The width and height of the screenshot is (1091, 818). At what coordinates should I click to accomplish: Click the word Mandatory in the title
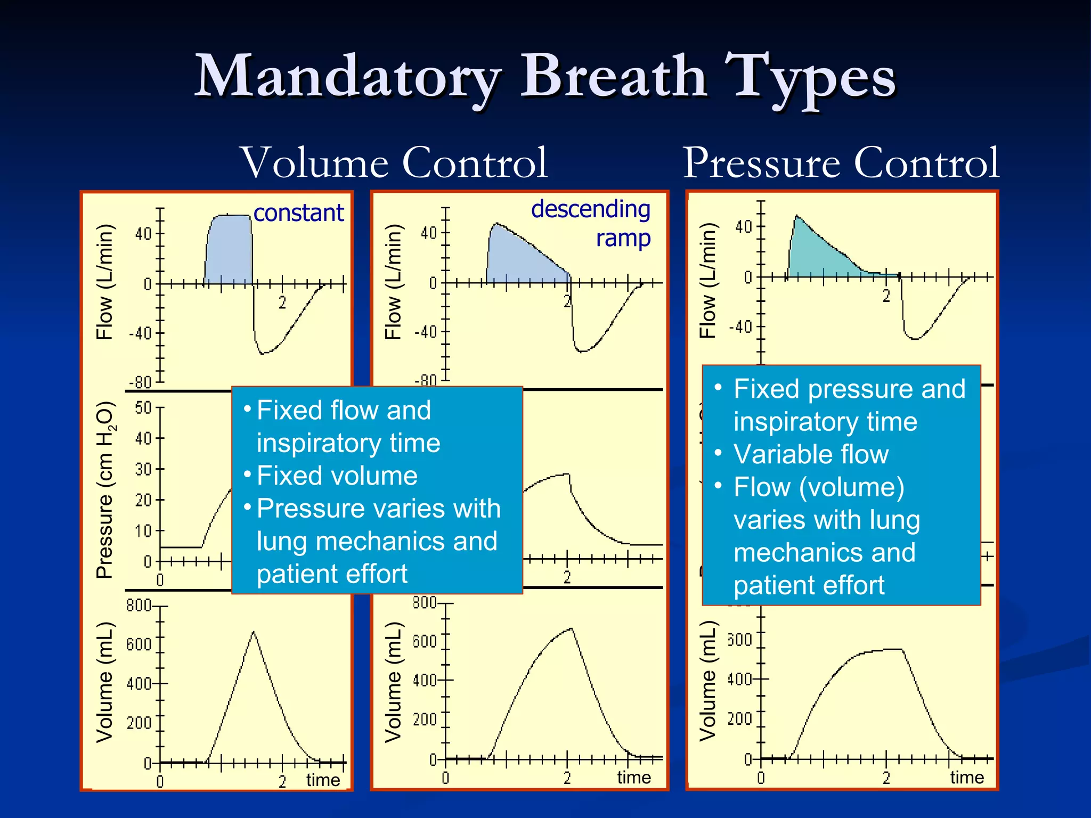pos(347,77)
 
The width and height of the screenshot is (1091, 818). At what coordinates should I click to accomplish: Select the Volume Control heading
pos(394,162)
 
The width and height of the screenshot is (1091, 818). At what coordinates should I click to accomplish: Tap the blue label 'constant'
pos(298,213)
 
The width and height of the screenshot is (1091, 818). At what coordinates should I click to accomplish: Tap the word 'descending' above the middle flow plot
pos(590,209)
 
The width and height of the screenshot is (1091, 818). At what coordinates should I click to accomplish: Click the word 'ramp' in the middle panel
pos(623,238)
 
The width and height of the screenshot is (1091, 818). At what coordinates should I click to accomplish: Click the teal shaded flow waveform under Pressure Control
pos(815,250)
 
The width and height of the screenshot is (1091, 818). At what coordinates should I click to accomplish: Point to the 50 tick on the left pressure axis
pos(143,408)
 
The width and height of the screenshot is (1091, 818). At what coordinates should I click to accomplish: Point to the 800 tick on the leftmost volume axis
pos(139,606)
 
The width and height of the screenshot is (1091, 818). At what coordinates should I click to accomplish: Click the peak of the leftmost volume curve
pos(254,633)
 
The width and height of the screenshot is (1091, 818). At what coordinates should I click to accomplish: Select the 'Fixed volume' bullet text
pos(337,476)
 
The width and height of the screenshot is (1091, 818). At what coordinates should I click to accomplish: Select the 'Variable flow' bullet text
pos(811,454)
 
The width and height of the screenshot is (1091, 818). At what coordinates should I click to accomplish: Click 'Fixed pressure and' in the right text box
pos(849,389)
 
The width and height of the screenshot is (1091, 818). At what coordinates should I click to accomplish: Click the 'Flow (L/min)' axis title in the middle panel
pos(393,282)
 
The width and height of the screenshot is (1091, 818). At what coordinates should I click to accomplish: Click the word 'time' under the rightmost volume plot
pos(966,777)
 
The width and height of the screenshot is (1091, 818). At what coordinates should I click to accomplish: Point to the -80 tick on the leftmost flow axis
pos(140,382)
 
